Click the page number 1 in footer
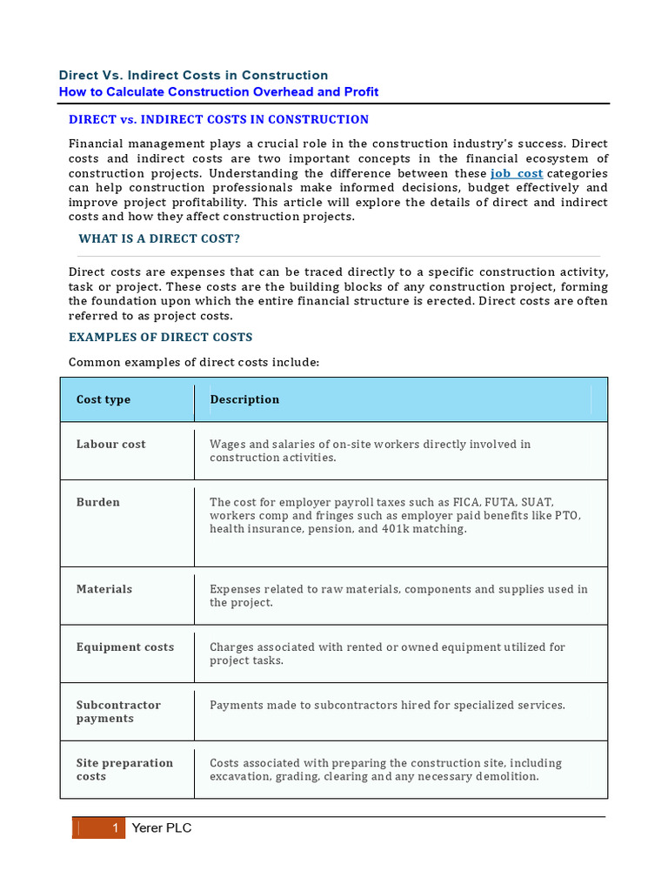[x=115, y=828]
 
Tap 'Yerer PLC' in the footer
[x=162, y=828]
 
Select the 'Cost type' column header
[x=104, y=399]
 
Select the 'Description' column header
[x=244, y=399]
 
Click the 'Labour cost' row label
[x=110, y=444]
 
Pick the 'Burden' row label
[x=98, y=502]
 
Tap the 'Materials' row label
[x=104, y=589]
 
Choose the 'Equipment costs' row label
[x=125, y=646]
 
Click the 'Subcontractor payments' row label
[x=118, y=712]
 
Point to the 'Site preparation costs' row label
[x=124, y=769]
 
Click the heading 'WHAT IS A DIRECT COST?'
[x=159, y=238]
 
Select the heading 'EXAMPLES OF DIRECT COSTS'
[x=161, y=337]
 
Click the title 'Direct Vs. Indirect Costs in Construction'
[x=193, y=76]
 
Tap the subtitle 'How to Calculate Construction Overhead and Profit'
[x=218, y=92]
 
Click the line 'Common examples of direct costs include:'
[x=195, y=362]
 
